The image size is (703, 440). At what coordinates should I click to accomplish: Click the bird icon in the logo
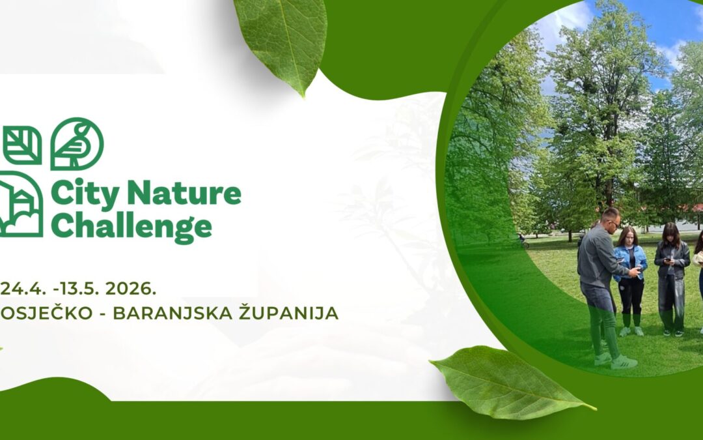click(x=77, y=144)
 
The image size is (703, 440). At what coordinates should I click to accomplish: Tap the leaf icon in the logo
click(x=22, y=145)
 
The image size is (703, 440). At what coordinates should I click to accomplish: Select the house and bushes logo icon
click(x=21, y=204)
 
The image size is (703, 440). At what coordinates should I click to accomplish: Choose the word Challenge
click(x=131, y=226)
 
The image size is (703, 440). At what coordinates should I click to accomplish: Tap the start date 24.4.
click(x=19, y=287)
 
